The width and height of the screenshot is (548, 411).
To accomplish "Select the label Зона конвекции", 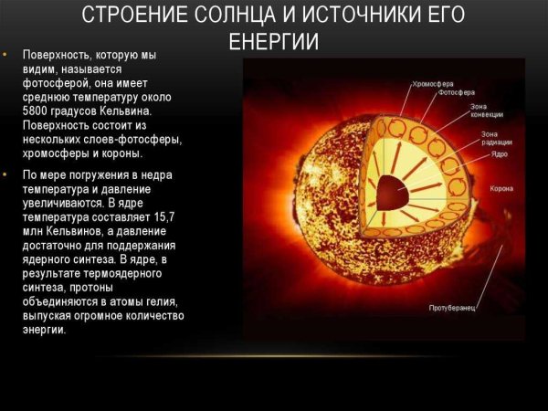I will pos(484,111).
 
